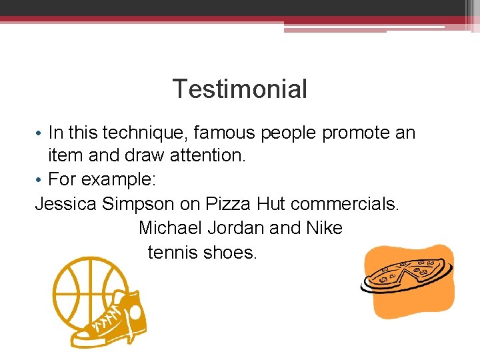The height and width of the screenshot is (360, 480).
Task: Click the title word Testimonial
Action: tap(240, 89)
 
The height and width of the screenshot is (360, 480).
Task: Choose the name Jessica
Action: tap(66, 204)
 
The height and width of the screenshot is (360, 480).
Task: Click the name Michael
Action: tap(170, 228)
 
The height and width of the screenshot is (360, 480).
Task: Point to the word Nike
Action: tap(324, 228)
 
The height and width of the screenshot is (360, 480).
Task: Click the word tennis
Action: tap(172, 252)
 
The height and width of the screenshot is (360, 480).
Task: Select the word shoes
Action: tap(229, 252)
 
